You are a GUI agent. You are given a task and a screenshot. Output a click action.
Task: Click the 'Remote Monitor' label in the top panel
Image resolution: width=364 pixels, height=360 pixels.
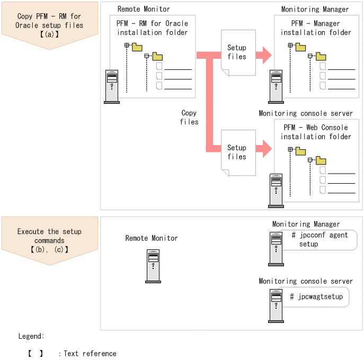click(x=144, y=9)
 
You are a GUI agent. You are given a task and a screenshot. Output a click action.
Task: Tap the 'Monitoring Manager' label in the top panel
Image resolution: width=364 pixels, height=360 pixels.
click(x=315, y=9)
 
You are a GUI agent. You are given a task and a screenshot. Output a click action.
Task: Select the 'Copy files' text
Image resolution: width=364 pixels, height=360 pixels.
click(x=189, y=117)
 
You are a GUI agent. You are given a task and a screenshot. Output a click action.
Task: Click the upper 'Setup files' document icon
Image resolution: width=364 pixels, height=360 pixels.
click(x=237, y=52)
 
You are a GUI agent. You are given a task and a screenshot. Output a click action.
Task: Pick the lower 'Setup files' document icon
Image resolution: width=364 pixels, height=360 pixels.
click(x=237, y=152)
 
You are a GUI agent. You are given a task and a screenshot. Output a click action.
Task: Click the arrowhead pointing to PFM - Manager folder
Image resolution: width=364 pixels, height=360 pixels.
click(x=264, y=55)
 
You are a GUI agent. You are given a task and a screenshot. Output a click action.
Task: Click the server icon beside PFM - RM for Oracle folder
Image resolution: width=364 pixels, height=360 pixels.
click(x=112, y=86)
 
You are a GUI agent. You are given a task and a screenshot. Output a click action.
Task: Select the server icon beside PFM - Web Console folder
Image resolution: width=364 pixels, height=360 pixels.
click(x=276, y=191)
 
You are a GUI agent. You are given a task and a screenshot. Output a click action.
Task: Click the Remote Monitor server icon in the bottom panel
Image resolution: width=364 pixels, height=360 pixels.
click(x=153, y=266)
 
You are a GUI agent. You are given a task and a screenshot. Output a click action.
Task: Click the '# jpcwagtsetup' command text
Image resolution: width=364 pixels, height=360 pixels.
click(x=316, y=296)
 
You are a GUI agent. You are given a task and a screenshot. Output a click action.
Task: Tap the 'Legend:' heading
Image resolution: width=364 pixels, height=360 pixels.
click(x=31, y=336)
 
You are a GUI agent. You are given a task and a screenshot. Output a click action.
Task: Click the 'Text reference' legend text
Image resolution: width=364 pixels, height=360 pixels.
click(x=90, y=353)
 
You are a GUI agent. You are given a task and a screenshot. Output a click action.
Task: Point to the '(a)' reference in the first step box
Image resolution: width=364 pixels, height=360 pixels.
click(x=49, y=34)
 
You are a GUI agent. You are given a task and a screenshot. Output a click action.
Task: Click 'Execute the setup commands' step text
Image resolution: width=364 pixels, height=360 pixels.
click(x=49, y=236)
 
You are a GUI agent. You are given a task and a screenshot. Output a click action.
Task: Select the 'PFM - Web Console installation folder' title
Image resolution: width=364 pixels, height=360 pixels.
click(x=316, y=132)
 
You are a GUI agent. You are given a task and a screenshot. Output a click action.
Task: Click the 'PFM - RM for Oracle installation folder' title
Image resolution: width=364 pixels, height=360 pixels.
click(x=152, y=28)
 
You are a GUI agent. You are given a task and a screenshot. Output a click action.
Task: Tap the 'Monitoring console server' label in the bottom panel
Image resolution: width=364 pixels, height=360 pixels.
click(x=305, y=281)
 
